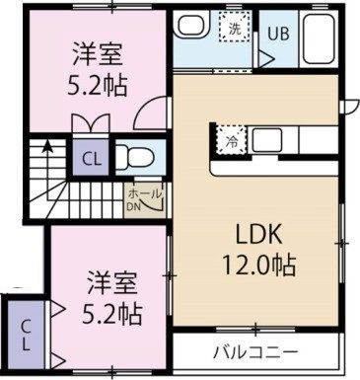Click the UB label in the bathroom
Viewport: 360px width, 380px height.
277,32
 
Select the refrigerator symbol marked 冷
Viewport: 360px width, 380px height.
228,139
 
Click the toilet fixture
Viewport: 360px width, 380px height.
131,157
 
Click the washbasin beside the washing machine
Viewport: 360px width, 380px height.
191,29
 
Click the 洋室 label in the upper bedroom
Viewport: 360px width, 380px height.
94,50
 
